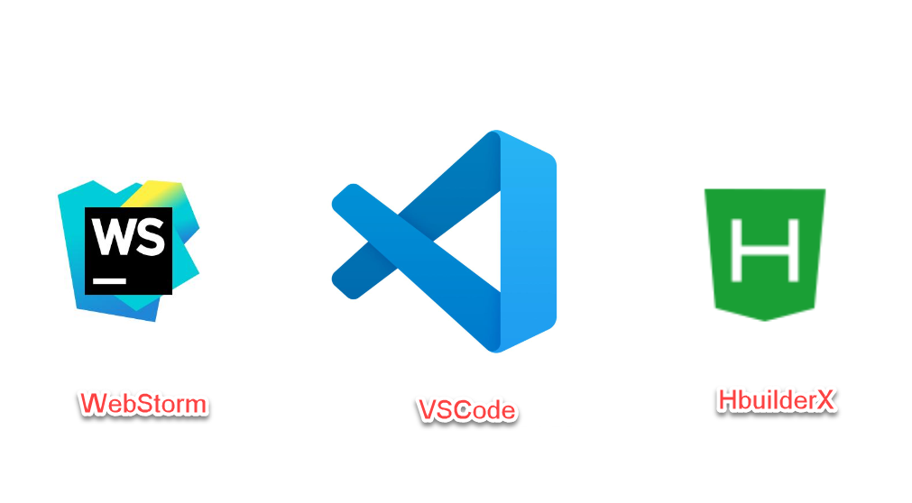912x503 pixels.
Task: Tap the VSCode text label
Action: tap(466, 411)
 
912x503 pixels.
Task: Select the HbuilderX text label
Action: tap(777, 400)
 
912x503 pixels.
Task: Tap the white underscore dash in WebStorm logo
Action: tap(110, 280)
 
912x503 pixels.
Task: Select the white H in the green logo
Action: tap(765, 249)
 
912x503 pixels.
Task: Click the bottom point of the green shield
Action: tap(765, 318)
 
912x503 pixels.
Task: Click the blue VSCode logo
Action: tap(451, 242)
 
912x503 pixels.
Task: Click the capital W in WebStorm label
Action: tap(91, 403)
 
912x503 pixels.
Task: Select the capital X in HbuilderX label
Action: tap(826, 400)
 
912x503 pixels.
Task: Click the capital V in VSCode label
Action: tap(428, 411)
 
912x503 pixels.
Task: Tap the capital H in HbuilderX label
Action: tap(727, 400)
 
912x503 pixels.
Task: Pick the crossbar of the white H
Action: tap(765, 250)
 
